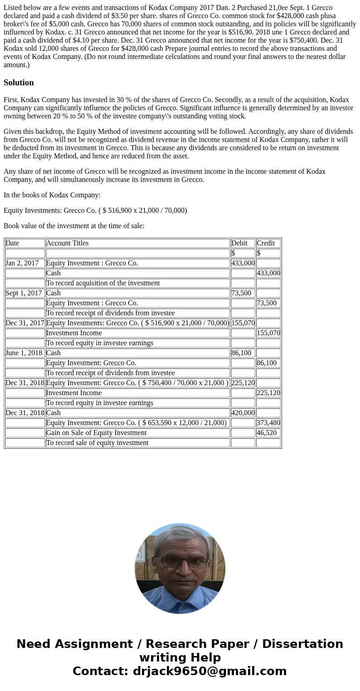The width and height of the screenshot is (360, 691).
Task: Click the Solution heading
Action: (19, 83)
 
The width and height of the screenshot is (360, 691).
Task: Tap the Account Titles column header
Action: (68, 243)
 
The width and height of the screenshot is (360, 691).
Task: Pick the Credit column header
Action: (266, 243)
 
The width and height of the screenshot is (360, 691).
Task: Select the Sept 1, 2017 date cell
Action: (24, 293)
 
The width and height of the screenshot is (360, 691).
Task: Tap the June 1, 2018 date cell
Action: (24, 353)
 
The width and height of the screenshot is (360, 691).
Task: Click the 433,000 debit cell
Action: (243, 263)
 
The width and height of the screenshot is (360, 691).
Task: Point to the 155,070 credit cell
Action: (268, 333)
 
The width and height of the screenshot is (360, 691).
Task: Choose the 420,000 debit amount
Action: (243, 413)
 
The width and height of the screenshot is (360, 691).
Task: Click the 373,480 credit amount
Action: (268, 423)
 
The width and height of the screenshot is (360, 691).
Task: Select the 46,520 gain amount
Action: (267, 433)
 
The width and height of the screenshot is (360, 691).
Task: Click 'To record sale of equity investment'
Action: (97, 443)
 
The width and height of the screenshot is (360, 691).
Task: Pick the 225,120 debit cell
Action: (243, 383)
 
